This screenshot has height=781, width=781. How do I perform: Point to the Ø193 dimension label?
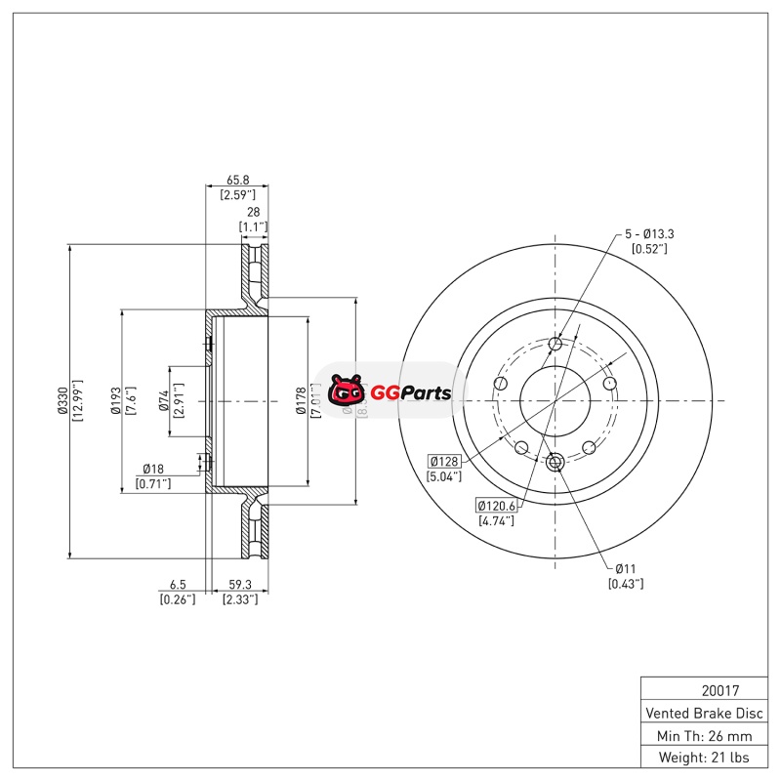pyautogui.click(x=115, y=401)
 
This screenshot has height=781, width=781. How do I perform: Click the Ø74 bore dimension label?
pyautogui.click(x=164, y=401)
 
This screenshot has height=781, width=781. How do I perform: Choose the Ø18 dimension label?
pyautogui.click(x=152, y=469)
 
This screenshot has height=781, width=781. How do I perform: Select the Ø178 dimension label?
pyautogui.click(x=302, y=401)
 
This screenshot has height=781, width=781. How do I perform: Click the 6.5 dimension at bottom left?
pyautogui.click(x=177, y=586)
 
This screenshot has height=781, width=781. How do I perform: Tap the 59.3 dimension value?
pyautogui.click(x=237, y=586)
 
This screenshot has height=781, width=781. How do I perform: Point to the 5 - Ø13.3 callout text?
pyautogui.click(x=649, y=234)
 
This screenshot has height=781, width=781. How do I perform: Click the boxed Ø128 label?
pyautogui.click(x=444, y=461)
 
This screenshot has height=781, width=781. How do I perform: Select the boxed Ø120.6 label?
pyautogui.click(x=496, y=505)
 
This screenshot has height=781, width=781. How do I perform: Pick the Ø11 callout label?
pyautogui.click(x=626, y=568)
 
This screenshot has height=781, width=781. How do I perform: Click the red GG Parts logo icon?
pyautogui.click(x=346, y=392)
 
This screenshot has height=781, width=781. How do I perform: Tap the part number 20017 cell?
pyautogui.click(x=702, y=690)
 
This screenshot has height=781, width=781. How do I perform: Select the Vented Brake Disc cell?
pyautogui.click(x=702, y=713)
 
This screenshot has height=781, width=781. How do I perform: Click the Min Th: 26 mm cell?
pyautogui.click(x=702, y=735)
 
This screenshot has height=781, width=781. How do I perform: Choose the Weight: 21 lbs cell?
pyautogui.click(x=702, y=758)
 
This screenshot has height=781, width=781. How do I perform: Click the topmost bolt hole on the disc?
pyautogui.click(x=555, y=344)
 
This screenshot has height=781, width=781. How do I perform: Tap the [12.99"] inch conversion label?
pyautogui.click(x=79, y=401)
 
